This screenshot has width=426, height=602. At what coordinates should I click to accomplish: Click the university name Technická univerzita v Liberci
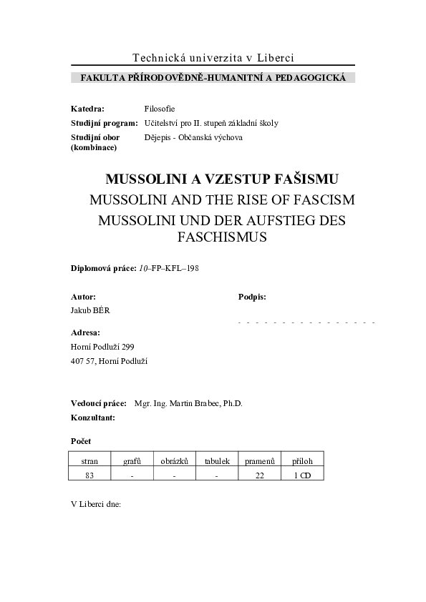pos(213,58)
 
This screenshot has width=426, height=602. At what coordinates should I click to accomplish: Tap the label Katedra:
pos(87,109)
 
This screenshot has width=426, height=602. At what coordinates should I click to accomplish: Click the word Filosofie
pos(160,109)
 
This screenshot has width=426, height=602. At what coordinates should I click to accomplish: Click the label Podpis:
pos(252,296)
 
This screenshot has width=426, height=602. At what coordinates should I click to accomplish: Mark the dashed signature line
pos(306,323)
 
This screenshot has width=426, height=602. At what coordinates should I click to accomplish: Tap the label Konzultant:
pos(92,417)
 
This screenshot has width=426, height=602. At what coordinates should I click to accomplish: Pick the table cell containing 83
pos(89,475)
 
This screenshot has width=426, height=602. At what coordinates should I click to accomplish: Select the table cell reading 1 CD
pos(302,475)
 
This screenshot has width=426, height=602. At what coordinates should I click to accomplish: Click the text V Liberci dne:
pos(96,503)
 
